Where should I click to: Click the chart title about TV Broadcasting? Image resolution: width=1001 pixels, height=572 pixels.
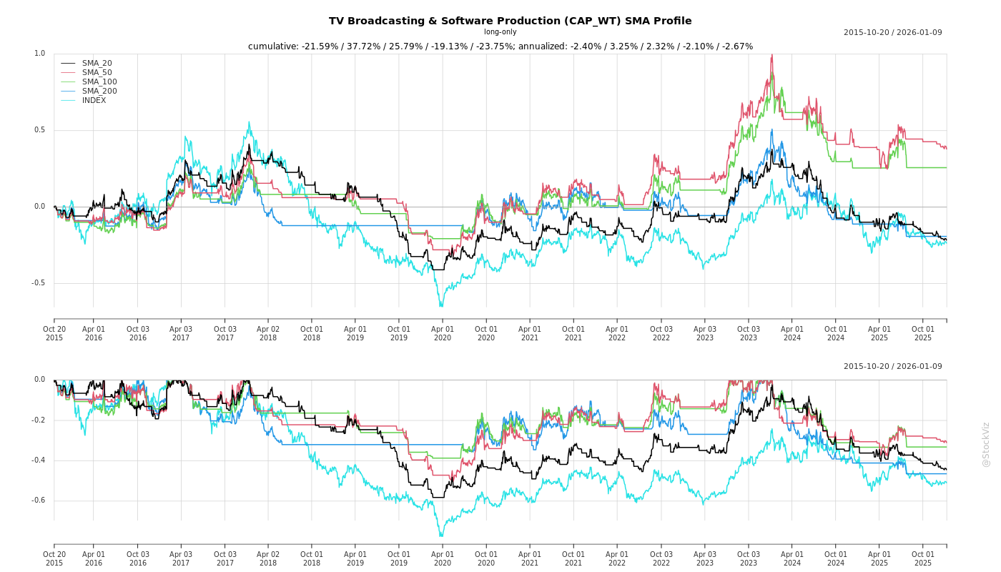510,21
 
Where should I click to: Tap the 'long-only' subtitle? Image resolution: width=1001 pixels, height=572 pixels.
500,32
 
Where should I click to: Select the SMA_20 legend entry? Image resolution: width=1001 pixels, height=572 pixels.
97,64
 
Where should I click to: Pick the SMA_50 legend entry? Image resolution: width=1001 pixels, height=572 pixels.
97,73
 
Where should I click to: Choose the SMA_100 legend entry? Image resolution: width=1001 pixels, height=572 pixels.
99,82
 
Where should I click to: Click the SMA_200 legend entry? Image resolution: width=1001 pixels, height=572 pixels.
99,92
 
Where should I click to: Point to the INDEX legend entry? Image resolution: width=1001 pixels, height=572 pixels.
94,101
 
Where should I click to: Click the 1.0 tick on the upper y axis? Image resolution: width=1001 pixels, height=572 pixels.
39,54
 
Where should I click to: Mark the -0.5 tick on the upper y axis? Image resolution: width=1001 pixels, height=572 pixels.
38,283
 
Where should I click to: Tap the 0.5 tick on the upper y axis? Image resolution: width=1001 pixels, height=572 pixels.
39,130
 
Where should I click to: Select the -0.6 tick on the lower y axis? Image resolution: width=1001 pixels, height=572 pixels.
38,500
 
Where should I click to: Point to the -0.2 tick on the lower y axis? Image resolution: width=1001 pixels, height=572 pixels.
38,420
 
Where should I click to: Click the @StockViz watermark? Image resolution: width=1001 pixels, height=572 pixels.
986,444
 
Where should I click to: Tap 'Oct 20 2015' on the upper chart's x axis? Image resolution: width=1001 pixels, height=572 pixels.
54,333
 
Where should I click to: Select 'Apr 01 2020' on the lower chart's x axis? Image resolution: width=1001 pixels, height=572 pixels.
443,558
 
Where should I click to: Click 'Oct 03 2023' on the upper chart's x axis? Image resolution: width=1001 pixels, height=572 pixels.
749,333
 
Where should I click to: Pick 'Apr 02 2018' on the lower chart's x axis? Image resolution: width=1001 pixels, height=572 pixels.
268,558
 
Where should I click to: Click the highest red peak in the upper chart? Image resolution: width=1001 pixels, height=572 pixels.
772,55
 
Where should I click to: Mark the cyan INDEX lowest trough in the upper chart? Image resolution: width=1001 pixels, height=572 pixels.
440,306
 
